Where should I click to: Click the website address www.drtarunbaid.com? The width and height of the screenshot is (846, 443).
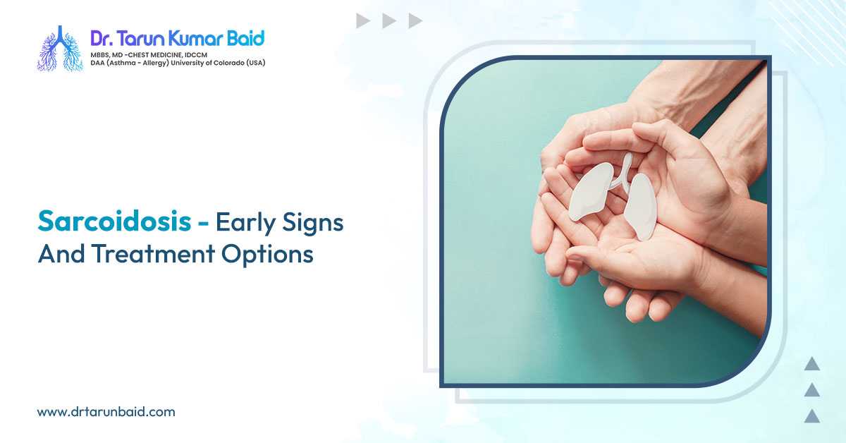pos(106,411)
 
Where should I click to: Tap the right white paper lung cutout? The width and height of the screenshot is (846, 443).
pos(641,205)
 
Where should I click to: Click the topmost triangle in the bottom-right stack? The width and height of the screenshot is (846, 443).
pos(812,364)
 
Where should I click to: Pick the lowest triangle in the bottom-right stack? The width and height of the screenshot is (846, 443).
pos(812,415)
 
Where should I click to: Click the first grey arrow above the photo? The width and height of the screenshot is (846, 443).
pos(363,21)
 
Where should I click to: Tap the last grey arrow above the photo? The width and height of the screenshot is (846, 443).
pos(415,21)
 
